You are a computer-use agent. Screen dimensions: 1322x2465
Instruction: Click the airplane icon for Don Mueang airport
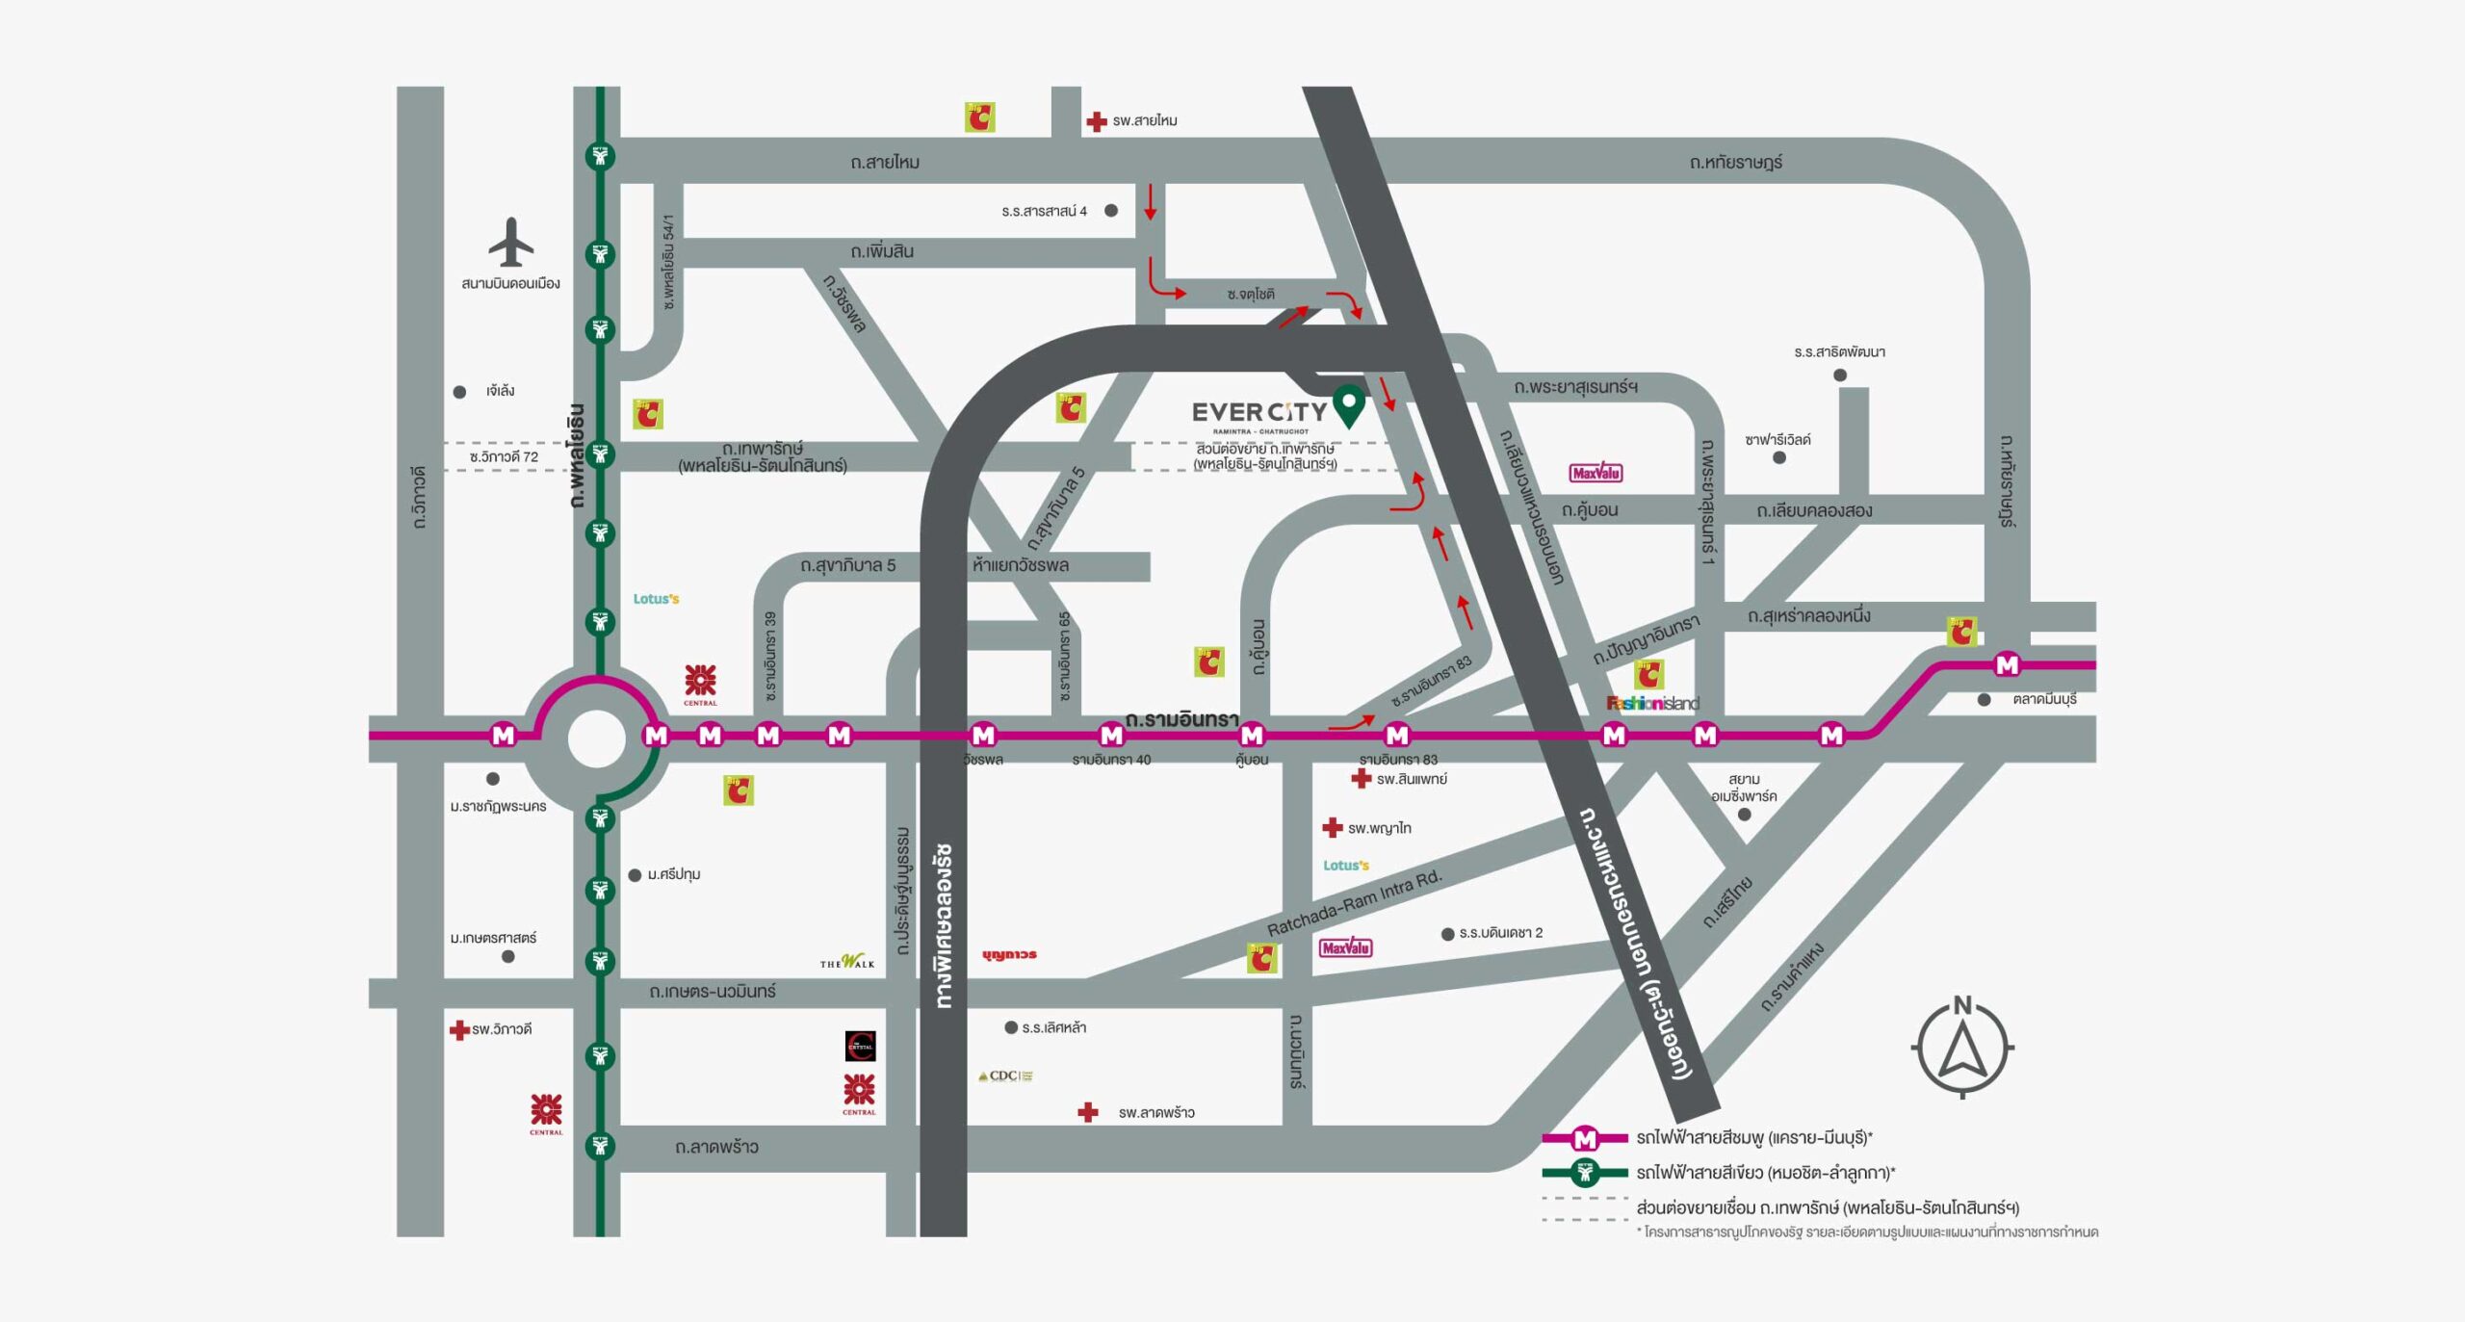coord(510,242)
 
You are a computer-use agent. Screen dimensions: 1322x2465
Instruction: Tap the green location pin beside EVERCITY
coord(1349,404)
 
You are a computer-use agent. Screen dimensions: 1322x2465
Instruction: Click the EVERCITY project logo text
coord(1258,413)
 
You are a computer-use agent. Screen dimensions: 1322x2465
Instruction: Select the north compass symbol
coord(1962,1047)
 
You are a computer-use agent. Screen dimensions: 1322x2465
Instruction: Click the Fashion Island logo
coord(1652,703)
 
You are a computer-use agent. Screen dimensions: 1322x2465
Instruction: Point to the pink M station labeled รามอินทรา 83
coord(1397,736)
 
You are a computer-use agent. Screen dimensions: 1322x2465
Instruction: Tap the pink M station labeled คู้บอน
coord(1252,736)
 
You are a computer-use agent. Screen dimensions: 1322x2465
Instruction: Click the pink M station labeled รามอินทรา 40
coord(1111,736)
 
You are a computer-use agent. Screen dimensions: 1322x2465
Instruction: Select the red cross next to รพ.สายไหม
coord(1096,121)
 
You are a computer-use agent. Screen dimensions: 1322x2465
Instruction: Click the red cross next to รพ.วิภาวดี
coord(459,1030)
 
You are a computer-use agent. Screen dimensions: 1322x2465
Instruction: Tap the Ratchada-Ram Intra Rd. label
coord(1354,903)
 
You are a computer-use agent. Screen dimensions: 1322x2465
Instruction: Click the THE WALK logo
coord(847,961)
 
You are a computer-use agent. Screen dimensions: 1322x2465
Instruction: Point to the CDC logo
coord(1005,1076)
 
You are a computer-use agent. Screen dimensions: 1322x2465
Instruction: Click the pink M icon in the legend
coord(1585,1139)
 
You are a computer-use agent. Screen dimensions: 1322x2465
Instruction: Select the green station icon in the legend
coord(1585,1173)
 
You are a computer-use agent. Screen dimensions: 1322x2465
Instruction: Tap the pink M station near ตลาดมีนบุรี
coord(2007,664)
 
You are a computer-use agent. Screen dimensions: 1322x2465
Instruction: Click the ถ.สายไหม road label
coord(885,163)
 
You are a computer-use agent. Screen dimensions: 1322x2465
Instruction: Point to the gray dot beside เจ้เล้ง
coord(459,392)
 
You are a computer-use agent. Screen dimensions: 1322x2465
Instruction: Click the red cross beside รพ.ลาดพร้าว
coord(1088,1112)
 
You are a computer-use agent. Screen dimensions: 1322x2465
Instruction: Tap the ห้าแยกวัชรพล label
coord(1021,565)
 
